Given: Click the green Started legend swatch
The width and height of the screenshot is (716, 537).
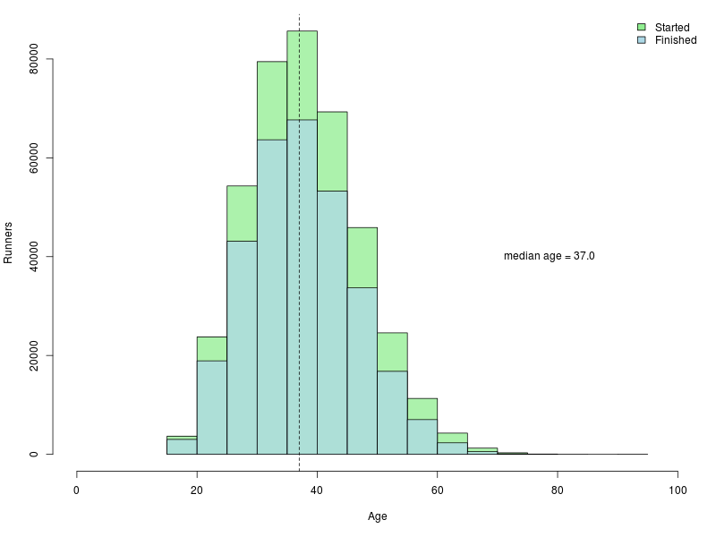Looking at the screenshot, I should point(642,28).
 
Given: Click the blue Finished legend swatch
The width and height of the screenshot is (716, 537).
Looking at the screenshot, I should point(642,40).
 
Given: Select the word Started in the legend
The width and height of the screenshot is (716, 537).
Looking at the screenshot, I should point(672,28).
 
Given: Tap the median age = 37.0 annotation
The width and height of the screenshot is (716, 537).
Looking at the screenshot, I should point(549,256).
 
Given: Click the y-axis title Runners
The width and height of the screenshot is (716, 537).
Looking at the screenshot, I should point(8,243).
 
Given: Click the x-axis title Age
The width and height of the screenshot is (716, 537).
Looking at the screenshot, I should point(377,516).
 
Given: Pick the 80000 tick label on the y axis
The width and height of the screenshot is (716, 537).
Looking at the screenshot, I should point(34,60).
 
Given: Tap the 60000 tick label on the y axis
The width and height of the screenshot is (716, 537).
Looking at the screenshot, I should point(34,158).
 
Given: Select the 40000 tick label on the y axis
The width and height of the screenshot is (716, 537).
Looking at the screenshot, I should point(34,257).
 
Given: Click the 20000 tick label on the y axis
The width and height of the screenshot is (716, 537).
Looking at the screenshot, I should point(34,355).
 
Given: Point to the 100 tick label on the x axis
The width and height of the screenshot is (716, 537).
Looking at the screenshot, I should point(678,490).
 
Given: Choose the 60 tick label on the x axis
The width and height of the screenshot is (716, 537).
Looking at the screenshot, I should point(437,490).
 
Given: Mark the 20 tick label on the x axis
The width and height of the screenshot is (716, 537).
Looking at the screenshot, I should point(197,490).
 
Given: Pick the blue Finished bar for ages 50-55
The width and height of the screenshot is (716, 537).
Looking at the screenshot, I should point(392,413).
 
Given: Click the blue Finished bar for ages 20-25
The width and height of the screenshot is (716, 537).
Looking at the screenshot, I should point(211,407).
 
